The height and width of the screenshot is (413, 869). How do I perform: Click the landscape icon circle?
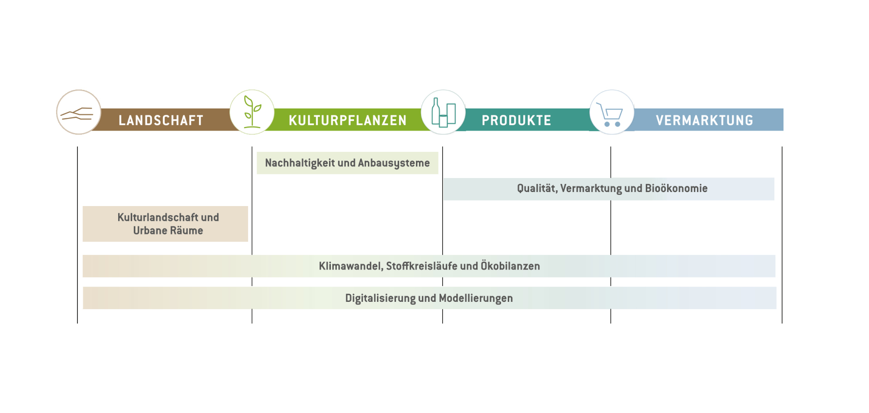pos(79,112)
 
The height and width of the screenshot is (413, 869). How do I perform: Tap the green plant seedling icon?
pos(252,112)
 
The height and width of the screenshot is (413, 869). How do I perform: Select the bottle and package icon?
pos(443,112)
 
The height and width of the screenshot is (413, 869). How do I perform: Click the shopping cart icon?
pos(611,112)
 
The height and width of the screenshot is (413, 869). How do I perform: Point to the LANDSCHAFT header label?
pos(161,120)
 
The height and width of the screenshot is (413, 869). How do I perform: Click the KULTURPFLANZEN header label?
pos(348,120)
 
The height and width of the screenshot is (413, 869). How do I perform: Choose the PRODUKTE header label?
pos(516,120)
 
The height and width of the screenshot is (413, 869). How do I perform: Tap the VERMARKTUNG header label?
pos(704,120)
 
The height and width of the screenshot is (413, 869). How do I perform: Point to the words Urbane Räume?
pos(168,230)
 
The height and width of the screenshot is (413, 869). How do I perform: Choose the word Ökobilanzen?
pos(510,266)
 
